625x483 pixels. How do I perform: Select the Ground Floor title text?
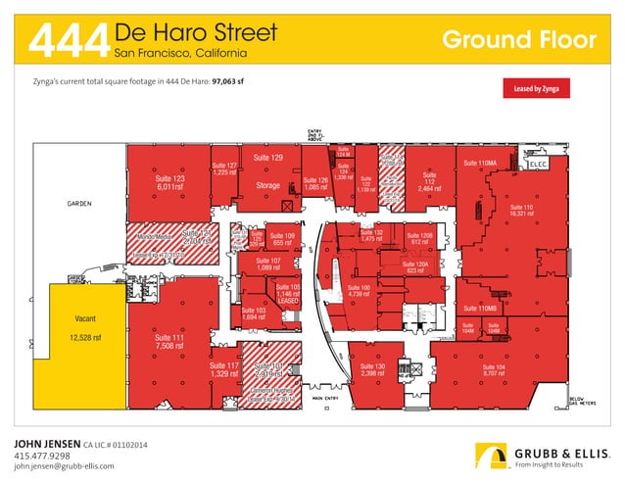pos(518,39)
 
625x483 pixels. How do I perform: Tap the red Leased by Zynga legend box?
pos(535,88)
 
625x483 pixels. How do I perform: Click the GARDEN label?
pos(79,205)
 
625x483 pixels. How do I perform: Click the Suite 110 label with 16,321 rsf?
pos(521,211)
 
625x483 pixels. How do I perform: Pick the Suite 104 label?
pos(494,369)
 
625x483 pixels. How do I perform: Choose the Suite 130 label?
pos(372,369)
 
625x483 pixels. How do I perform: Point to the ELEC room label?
pos(542,166)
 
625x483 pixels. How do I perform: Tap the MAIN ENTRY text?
pos(323,399)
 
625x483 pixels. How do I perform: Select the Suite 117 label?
pos(223,369)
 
